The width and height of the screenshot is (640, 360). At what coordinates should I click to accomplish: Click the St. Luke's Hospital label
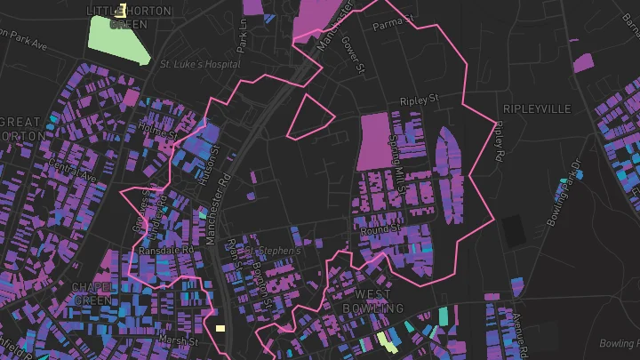pos(200,64)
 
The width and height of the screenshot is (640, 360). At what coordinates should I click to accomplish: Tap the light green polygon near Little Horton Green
pos(119,38)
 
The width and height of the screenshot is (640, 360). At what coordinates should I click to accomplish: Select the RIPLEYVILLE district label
pos(537,108)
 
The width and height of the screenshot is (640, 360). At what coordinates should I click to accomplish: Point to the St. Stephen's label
pos(276,252)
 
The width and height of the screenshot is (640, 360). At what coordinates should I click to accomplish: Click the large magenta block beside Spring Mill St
pos(379,140)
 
